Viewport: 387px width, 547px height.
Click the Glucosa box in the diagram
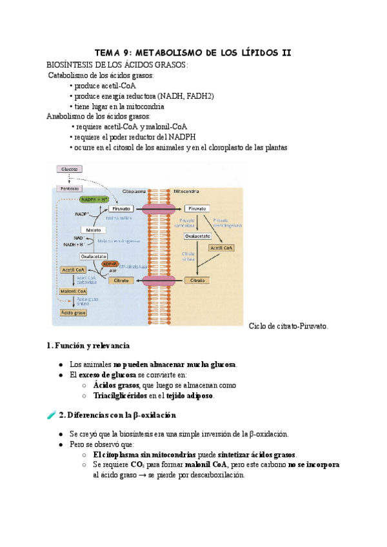point(69,169)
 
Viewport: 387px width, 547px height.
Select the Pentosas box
point(69,188)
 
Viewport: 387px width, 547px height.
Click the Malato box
point(94,230)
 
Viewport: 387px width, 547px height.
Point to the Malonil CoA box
point(72,292)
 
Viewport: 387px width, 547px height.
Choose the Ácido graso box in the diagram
point(72,313)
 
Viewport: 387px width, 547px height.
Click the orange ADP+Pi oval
point(110,264)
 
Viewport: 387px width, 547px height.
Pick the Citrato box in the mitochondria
point(197,281)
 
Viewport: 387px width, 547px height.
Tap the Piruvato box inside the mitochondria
point(197,209)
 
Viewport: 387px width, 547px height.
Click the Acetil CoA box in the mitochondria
point(221,248)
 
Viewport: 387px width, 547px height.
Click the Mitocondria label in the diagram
point(186,192)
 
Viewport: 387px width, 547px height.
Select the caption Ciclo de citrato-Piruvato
point(288,326)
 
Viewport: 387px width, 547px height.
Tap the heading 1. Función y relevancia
point(88,346)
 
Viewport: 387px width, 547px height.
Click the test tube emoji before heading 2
point(52,415)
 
